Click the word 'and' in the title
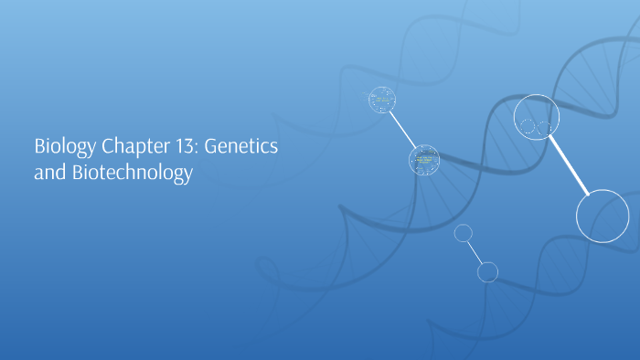[x=47, y=173]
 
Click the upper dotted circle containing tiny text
[x=381, y=100]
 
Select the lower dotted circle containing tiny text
[x=423, y=160]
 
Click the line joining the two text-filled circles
[x=402, y=130]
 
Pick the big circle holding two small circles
[x=537, y=119]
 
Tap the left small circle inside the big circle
[x=528, y=126]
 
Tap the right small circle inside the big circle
[x=545, y=128]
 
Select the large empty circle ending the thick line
[x=603, y=217]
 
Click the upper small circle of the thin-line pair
[x=463, y=233]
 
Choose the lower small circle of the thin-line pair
[x=487, y=271]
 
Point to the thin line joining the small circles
[x=475, y=252]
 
